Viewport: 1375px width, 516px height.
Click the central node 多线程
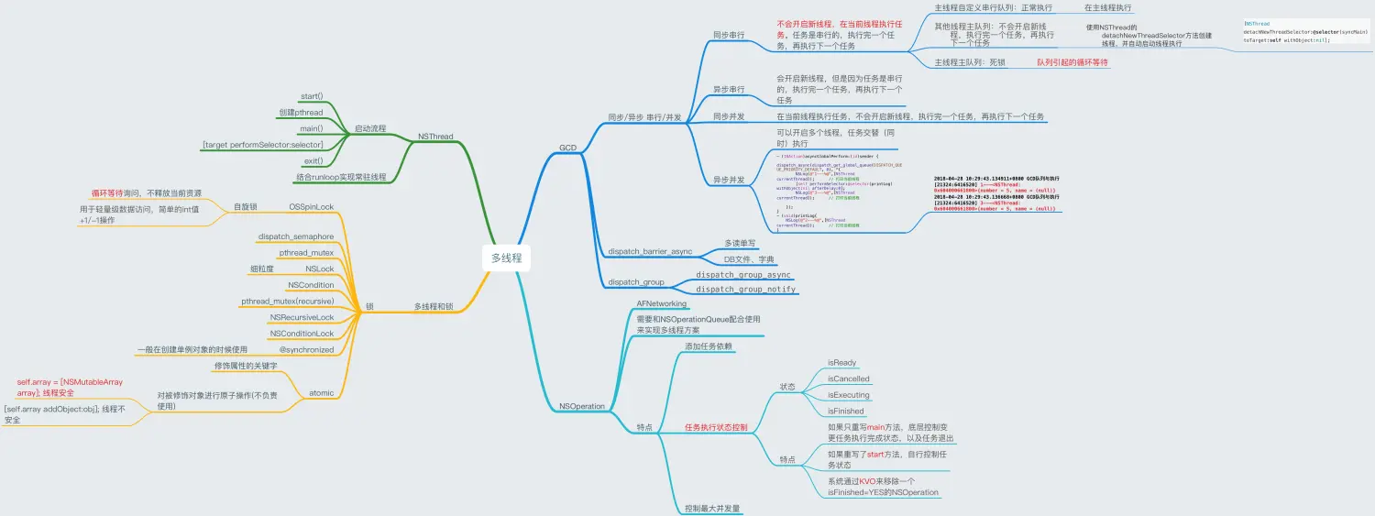point(506,258)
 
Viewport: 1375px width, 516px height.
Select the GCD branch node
point(567,148)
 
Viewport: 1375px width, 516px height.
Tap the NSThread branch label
point(434,137)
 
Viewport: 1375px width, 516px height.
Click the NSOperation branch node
point(582,406)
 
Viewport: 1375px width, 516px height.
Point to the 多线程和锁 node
point(434,306)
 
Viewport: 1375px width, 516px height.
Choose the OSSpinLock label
point(312,207)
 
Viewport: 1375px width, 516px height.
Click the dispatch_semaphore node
point(296,236)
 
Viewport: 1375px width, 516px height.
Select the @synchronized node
point(306,349)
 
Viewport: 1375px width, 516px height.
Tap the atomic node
point(321,393)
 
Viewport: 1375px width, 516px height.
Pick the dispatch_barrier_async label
point(650,251)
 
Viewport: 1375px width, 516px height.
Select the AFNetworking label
point(661,303)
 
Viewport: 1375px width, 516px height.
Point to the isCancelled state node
point(848,379)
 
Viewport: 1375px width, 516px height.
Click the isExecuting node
point(848,395)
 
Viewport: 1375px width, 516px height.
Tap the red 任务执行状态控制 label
point(716,427)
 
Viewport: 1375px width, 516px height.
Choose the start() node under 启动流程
point(312,96)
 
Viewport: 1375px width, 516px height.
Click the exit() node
point(313,160)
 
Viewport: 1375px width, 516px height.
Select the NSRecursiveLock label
point(302,317)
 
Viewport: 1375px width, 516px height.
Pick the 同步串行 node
point(729,35)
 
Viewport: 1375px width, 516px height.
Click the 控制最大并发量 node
point(712,508)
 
